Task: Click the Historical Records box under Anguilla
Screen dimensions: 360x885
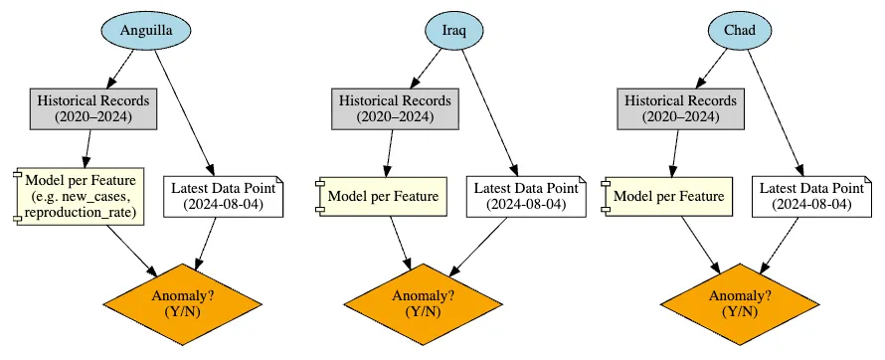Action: (x=92, y=108)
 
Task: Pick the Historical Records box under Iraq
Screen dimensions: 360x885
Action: (x=395, y=108)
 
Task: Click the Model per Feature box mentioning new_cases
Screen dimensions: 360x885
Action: (x=82, y=196)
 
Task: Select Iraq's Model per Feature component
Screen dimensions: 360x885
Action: (x=381, y=196)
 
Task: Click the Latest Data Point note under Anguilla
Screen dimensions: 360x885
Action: (x=223, y=196)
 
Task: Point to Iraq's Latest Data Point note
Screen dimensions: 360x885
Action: (x=525, y=196)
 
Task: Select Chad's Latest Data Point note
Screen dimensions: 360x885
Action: (x=811, y=196)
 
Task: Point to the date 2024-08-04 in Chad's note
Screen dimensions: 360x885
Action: (x=811, y=204)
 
